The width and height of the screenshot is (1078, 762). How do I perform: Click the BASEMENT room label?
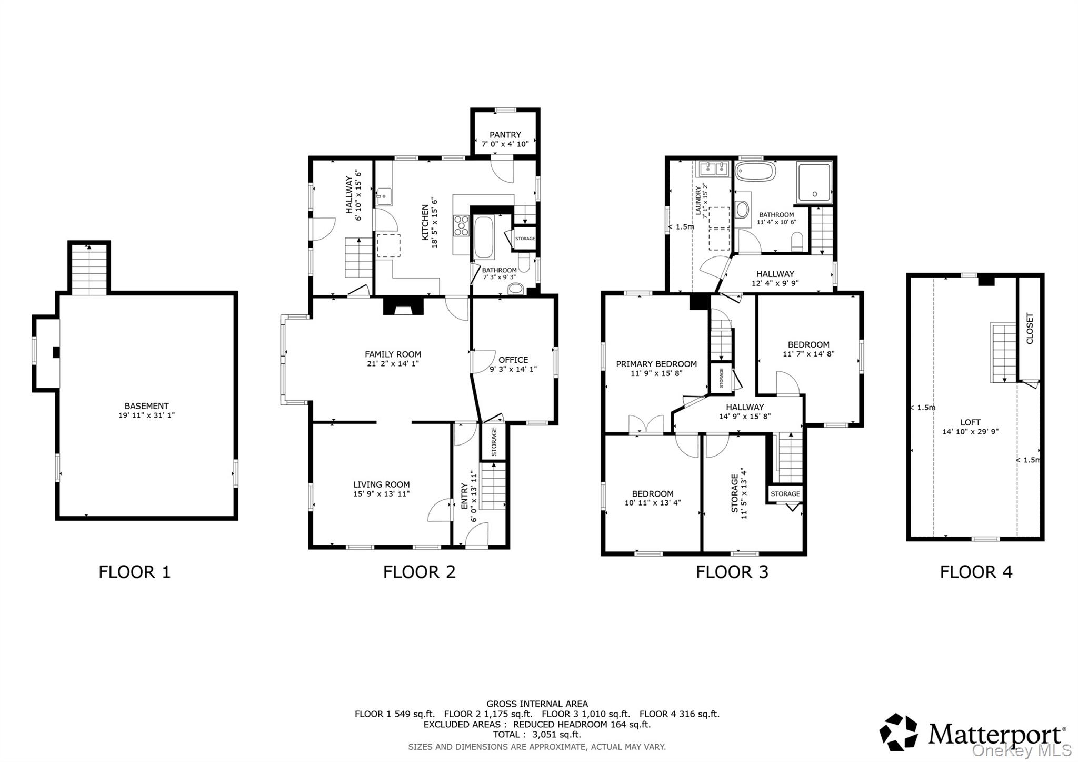tap(146, 406)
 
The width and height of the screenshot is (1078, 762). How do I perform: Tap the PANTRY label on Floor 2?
tap(505, 135)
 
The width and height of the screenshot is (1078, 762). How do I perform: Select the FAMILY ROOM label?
tap(393, 354)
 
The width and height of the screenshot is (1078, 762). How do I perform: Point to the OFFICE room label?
tap(513, 360)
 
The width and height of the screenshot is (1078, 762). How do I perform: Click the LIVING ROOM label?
tap(382, 484)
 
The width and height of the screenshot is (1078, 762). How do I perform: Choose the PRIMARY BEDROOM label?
tap(656, 364)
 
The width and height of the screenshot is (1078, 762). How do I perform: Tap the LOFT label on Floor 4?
tap(971, 422)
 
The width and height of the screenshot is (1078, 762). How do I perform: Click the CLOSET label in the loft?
tap(1030, 329)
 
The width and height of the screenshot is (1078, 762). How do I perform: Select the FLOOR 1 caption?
tap(135, 572)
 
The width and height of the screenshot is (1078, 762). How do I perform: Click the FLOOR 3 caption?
tap(732, 572)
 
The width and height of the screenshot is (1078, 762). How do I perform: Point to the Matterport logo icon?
tap(899, 732)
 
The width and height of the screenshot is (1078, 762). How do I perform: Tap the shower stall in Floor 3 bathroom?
tap(814, 183)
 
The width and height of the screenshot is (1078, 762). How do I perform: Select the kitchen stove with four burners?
tap(462, 225)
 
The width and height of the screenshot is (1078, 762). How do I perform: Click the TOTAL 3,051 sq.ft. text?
tap(537, 735)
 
